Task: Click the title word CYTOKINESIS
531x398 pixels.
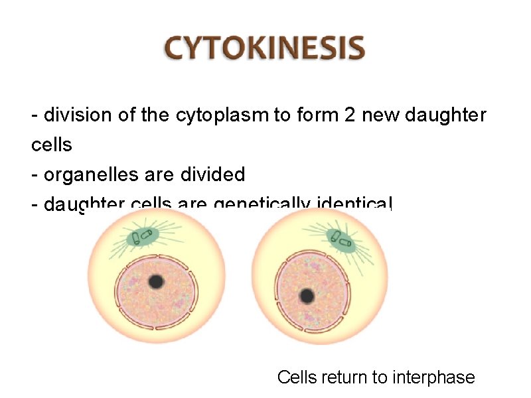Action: tap(265, 49)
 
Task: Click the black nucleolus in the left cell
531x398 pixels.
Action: tap(156, 281)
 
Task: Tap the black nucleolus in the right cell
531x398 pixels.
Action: tap(307, 295)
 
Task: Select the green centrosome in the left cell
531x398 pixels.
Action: tap(142, 237)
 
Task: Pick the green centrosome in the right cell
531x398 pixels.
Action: tap(341, 239)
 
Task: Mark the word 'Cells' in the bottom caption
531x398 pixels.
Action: tap(297, 377)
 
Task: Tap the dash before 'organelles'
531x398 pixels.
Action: tap(35, 174)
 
